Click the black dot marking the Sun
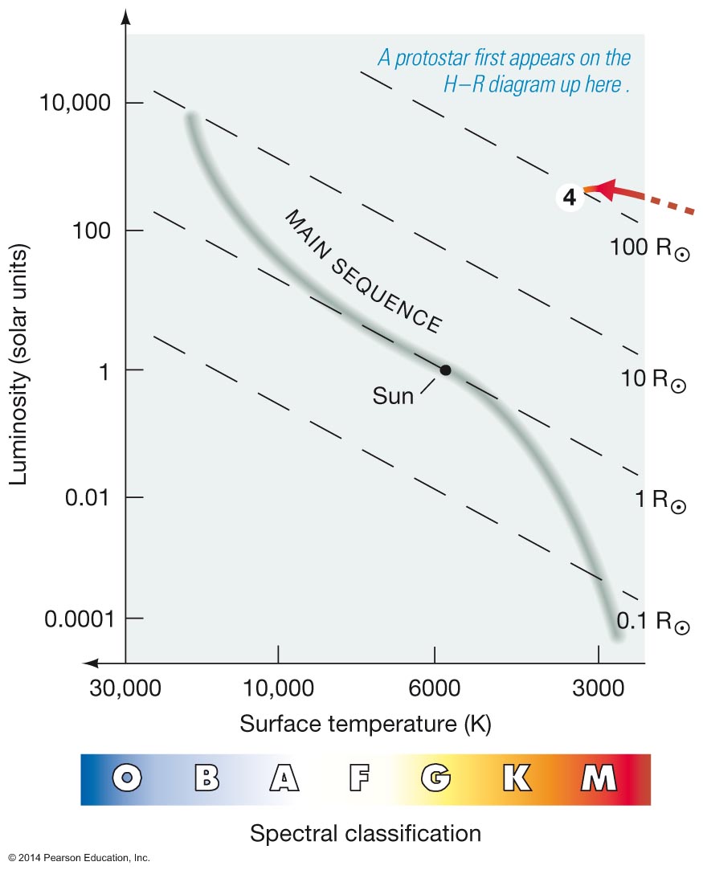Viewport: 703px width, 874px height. click(x=445, y=370)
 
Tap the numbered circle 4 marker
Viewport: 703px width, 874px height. click(x=570, y=198)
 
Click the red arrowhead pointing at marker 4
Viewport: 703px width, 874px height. click(x=605, y=190)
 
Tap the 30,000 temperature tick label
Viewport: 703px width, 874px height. click(x=126, y=688)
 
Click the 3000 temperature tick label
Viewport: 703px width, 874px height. click(x=598, y=688)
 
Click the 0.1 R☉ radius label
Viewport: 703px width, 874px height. click(x=653, y=623)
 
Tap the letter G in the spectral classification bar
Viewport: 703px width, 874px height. click(x=435, y=778)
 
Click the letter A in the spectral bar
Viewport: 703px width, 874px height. click(x=283, y=778)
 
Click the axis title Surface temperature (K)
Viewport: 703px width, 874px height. click(x=366, y=723)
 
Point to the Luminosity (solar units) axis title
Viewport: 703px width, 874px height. click(x=21, y=366)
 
